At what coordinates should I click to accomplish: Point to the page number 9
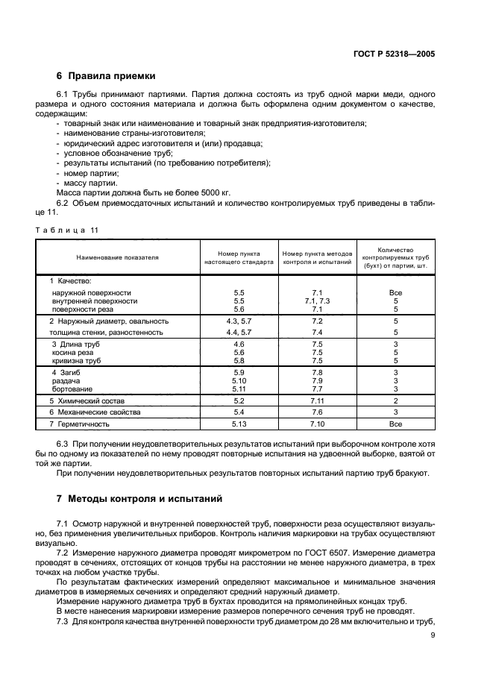433,635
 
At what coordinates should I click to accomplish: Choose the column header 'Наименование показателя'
117,257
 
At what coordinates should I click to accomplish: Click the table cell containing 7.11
316,400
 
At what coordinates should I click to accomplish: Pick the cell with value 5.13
239,424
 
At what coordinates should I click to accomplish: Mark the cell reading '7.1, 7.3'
316,301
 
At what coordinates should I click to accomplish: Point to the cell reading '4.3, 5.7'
239,321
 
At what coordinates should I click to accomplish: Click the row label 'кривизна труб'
76,360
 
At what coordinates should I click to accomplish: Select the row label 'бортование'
72,389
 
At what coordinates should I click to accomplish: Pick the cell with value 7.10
316,424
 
